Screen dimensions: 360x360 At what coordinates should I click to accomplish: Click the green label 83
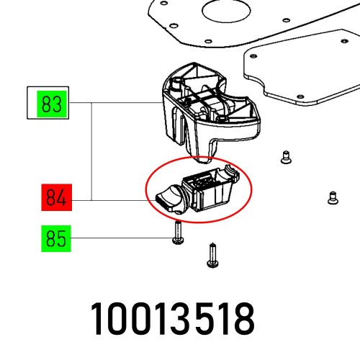click(x=50, y=105)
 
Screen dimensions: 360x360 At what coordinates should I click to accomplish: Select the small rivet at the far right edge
click(x=332, y=195)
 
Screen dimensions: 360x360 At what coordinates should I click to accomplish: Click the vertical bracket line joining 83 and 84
click(x=92, y=152)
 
